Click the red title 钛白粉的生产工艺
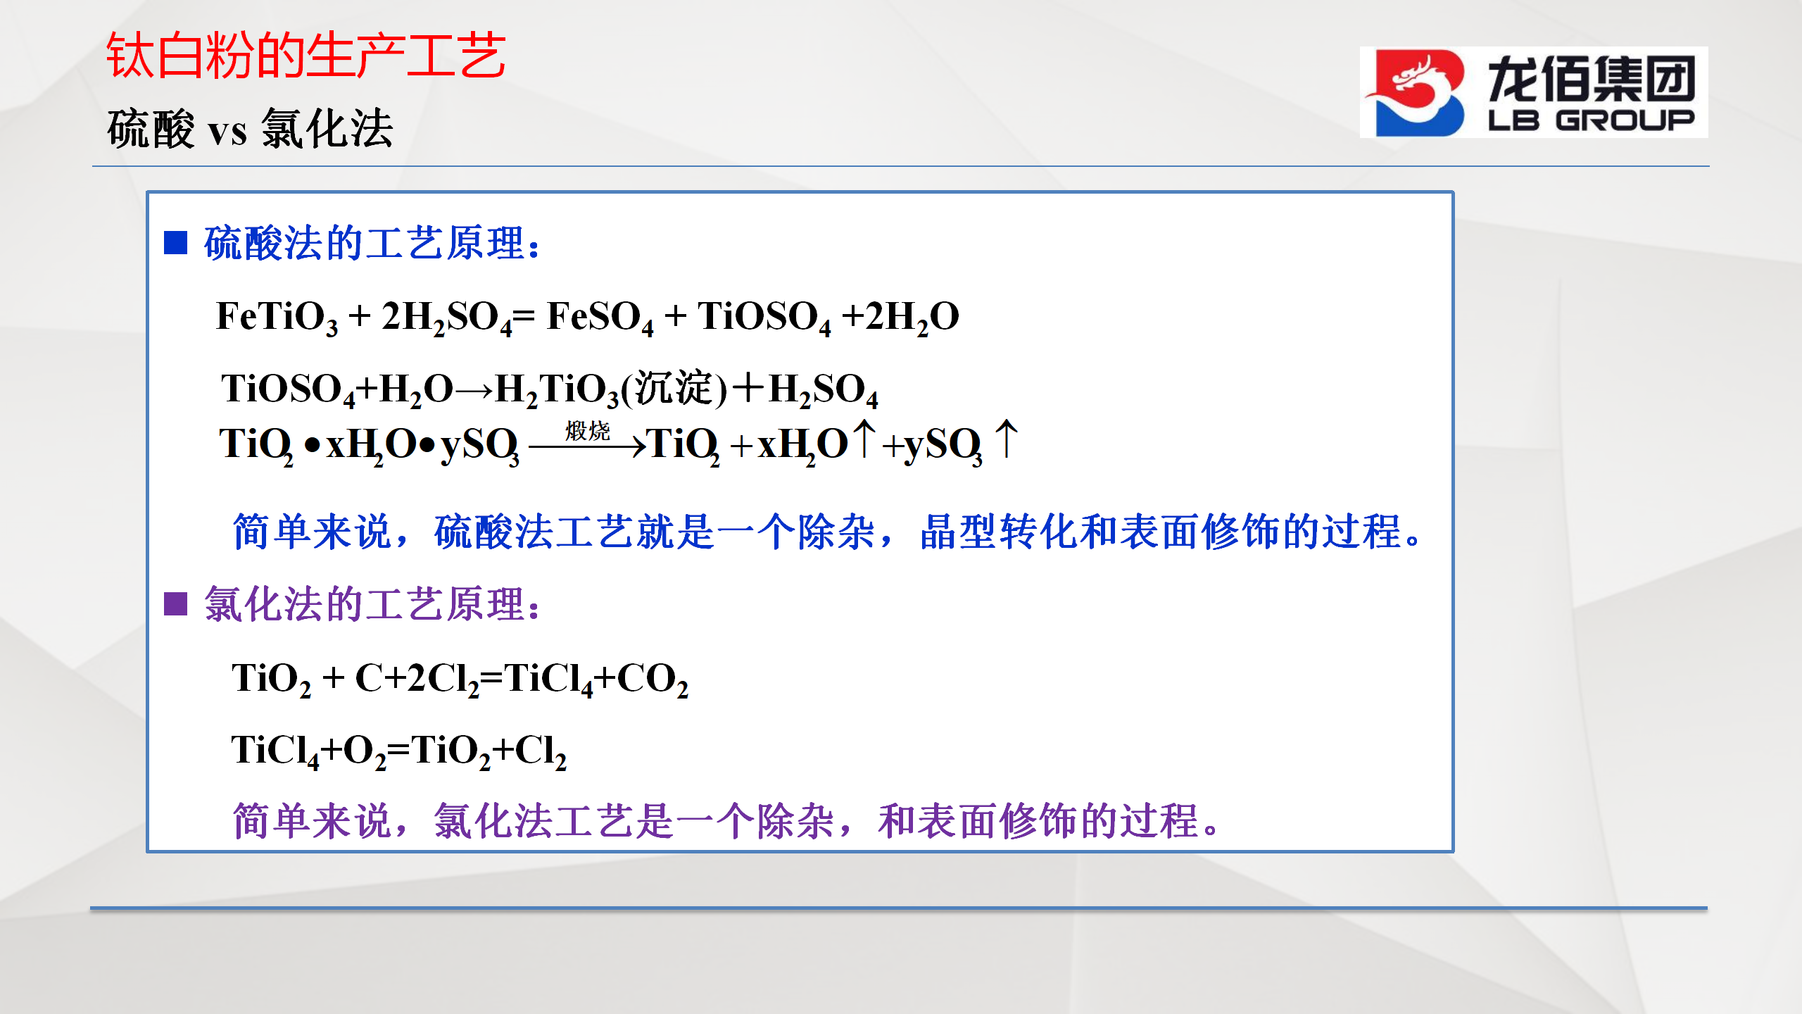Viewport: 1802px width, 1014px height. (x=306, y=56)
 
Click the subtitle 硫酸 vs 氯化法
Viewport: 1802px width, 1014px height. (x=250, y=128)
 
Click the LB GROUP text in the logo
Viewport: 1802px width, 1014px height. (x=1591, y=120)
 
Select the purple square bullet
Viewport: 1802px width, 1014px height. (x=175, y=603)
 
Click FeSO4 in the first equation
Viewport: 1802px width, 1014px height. (x=600, y=317)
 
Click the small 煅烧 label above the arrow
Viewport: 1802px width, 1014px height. (x=588, y=430)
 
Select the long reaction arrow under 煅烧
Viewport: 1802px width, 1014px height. (x=588, y=446)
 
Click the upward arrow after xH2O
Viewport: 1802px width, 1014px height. (x=864, y=438)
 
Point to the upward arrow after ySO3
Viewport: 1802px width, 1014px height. (x=1007, y=438)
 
